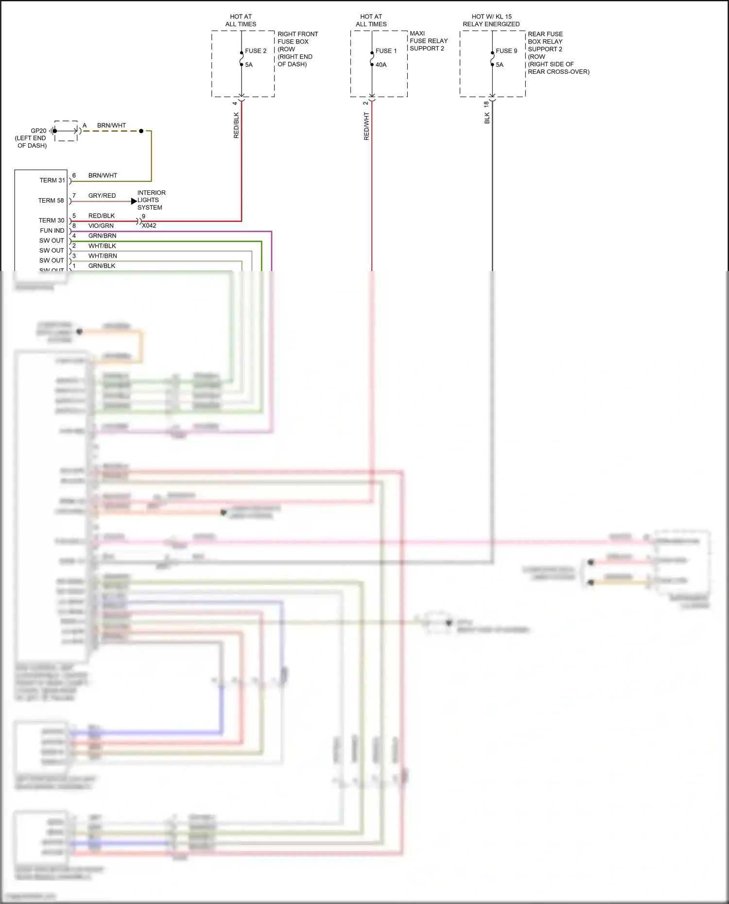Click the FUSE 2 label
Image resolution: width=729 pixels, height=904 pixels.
[x=256, y=51]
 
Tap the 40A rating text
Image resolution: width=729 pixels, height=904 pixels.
[x=381, y=65]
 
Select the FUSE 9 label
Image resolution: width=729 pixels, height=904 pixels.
[x=506, y=51]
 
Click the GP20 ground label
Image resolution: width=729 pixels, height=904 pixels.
[x=38, y=131]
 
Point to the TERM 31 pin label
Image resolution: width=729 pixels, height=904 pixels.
[x=52, y=180]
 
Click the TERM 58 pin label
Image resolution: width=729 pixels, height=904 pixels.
[x=51, y=201]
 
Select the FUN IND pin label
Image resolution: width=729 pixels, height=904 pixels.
[x=52, y=231]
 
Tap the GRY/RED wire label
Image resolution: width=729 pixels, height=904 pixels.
[x=102, y=196]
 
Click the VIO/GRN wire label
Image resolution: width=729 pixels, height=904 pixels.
[x=101, y=226]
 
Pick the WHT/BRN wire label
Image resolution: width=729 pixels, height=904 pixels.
[x=103, y=256]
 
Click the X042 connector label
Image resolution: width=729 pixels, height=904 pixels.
[x=149, y=225]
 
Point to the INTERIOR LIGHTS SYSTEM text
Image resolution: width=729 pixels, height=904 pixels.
[x=151, y=200]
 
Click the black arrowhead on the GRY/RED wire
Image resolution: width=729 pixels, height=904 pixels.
[x=134, y=201]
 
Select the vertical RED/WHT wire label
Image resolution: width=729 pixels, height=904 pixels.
[x=366, y=126]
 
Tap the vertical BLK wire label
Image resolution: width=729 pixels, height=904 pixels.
[x=487, y=118]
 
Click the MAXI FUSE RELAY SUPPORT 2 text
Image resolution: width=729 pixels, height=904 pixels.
[x=428, y=41]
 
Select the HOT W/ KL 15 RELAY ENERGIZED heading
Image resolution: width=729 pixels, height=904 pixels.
[x=491, y=20]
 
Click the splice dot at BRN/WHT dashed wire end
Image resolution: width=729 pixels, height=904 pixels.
[x=141, y=131]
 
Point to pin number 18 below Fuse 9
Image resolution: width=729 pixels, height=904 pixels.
[x=486, y=104]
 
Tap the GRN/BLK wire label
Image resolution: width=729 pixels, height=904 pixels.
[x=102, y=266]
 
